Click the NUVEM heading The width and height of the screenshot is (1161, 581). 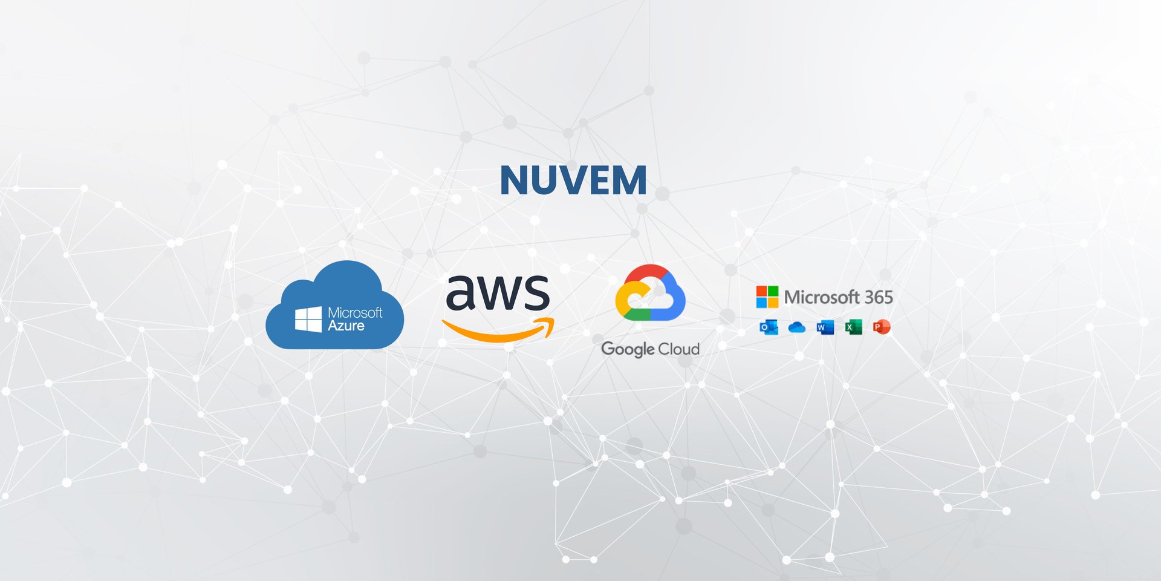coord(573,180)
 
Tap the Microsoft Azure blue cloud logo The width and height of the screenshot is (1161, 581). coord(334,306)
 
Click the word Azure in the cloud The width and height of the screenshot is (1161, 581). coord(346,326)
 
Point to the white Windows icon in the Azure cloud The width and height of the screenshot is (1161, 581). coord(308,319)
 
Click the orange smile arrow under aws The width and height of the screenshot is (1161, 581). coord(499,330)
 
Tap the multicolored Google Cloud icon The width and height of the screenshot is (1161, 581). coord(650,293)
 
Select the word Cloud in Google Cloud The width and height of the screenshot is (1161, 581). coord(678,349)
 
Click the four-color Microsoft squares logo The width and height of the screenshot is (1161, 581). coord(767,297)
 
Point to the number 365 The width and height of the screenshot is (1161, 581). coord(878,297)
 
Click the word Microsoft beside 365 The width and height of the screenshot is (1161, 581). coord(822,297)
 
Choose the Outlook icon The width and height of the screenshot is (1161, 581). coord(769,327)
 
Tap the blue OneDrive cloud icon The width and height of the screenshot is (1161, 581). coord(797,327)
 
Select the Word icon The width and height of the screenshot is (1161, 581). coord(825,327)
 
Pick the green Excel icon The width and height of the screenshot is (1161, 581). coord(853,327)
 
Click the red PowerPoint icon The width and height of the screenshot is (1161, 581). coord(882,327)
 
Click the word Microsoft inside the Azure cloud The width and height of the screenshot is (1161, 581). coord(355,312)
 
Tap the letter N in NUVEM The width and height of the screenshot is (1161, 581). coord(515,180)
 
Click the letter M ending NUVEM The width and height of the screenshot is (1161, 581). coord(631,180)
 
